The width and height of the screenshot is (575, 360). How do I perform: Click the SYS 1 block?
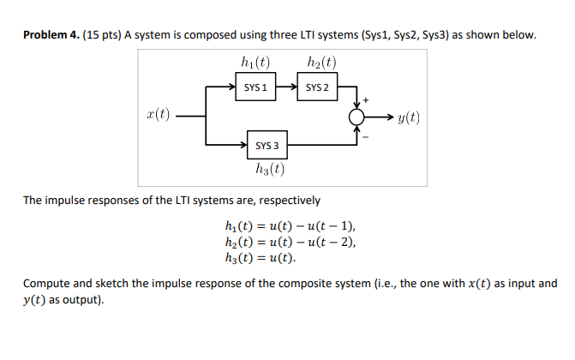pyautogui.click(x=255, y=87)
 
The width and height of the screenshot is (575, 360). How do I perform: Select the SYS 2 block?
pyautogui.click(x=316, y=87)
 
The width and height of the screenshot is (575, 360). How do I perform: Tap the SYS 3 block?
pyautogui.click(x=266, y=145)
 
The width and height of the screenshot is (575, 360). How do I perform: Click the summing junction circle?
pyautogui.click(x=356, y=117)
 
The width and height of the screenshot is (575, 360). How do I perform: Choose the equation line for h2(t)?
pyautogui.click(x=287, y=242)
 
